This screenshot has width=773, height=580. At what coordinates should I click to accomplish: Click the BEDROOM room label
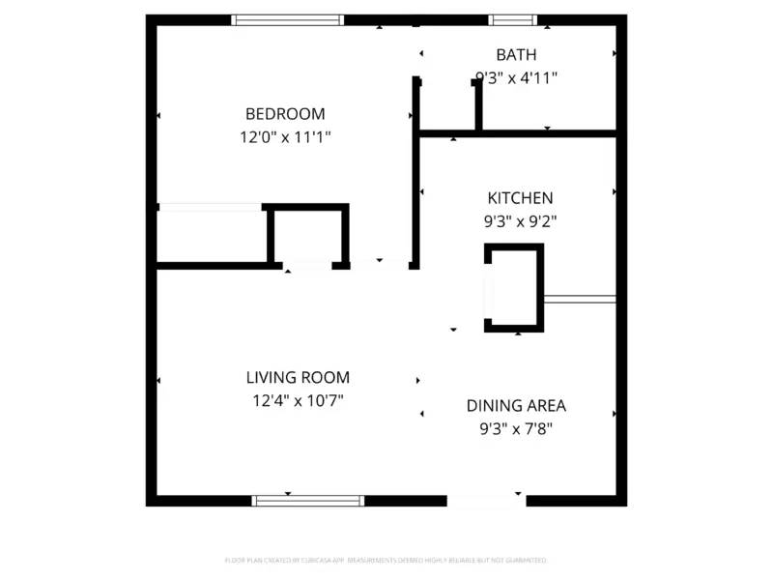click(x=285, y=113)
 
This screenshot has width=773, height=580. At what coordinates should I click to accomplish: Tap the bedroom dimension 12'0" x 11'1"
click(x=285, y=137)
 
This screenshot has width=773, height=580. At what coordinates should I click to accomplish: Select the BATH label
click(x=516, y=55)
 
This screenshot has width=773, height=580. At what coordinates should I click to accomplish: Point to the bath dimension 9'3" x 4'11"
click(x=516, y=77)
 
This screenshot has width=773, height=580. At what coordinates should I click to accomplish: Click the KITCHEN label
click(x=520, y=197)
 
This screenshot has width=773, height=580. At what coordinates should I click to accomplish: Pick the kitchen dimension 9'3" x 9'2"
click(x=520, y=220)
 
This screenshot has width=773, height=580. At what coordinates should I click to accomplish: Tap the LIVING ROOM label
click(x=297, y=377)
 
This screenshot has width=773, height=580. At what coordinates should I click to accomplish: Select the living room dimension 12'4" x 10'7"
click(x=297, y=399)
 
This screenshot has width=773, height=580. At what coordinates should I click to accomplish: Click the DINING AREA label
click(x=516, y=406)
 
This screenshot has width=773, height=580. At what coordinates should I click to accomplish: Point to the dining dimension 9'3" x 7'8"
click(x=516, y=428)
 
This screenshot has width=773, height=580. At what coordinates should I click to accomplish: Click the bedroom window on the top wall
click(x=288, y=19)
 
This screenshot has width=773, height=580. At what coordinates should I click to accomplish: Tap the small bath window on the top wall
click(x=512, y=19)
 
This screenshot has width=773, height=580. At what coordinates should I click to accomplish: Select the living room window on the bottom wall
click(x=308, y=501)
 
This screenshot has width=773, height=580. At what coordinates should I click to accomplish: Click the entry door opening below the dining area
click(x=486, y=501)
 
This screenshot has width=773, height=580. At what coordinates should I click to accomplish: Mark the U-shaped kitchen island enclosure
click(x=514, y=288)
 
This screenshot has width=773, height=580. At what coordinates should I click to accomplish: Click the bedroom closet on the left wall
click(x=211, y=234)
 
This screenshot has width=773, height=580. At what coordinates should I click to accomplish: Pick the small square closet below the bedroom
click(x=308, y=236)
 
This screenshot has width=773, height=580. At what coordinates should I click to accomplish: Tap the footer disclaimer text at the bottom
click(x=386, y=560)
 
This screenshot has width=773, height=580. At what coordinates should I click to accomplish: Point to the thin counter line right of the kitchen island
click(x=580, y=300)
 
